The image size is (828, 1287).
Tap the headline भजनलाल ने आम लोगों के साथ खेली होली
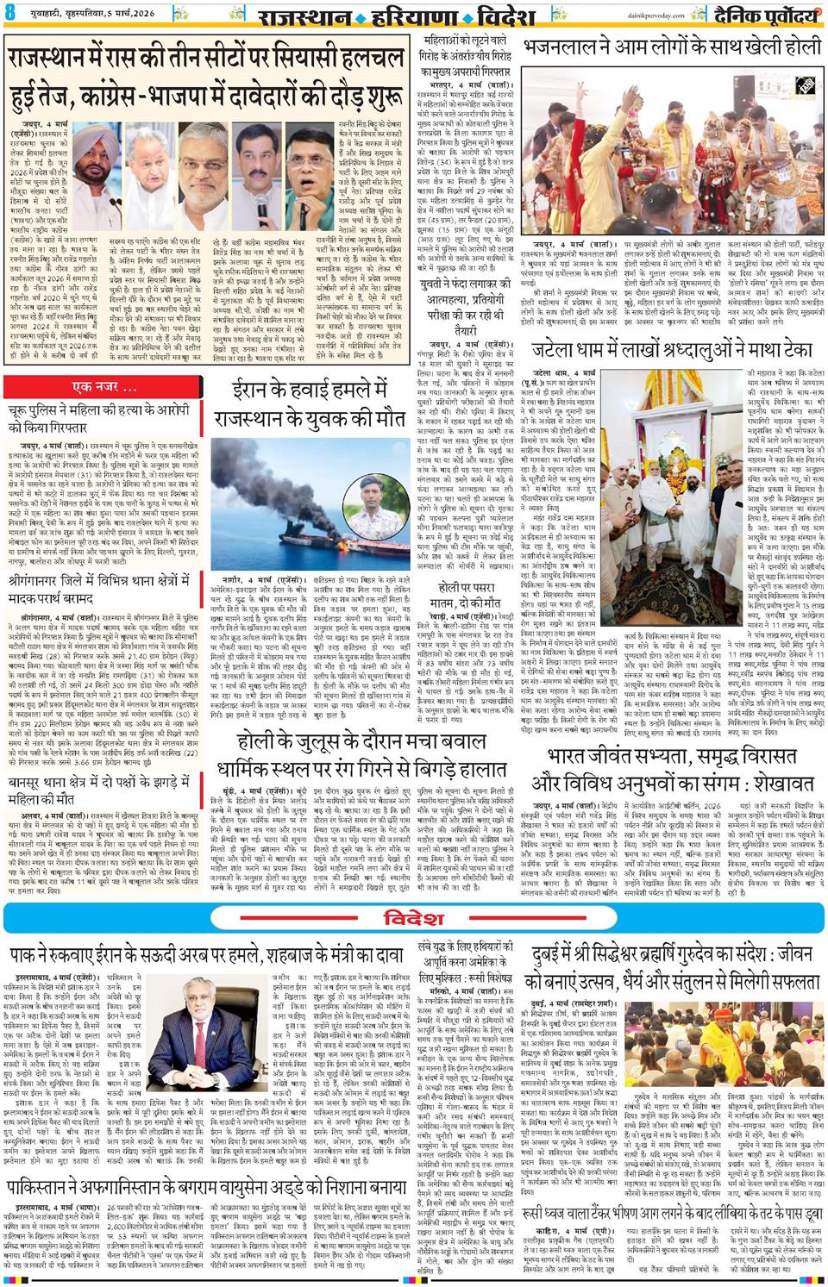tap(670, 46)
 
